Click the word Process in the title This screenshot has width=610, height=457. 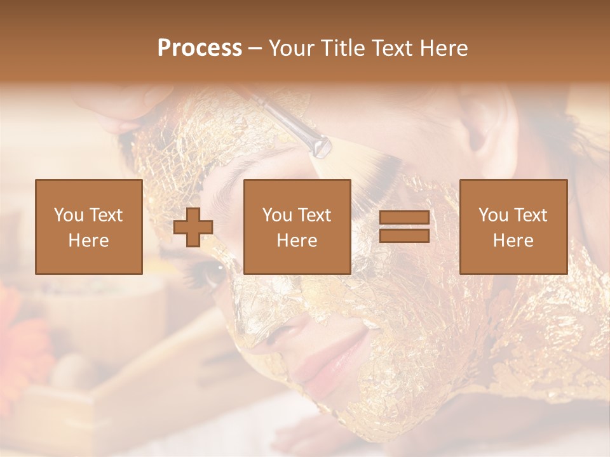(200, 48)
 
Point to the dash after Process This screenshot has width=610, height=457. (255, 48)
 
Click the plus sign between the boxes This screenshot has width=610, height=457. (193, 227)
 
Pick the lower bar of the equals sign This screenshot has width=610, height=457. (404, 235)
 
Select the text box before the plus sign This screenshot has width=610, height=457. (89, 227)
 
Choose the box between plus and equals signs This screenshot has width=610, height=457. (297, 227)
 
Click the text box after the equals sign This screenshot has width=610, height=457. (513, 227)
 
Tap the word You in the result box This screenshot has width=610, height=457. (493, 215)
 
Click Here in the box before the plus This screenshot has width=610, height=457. (89, 241)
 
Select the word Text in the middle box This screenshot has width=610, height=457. (314, 215)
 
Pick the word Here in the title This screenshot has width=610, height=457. (444, 48)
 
